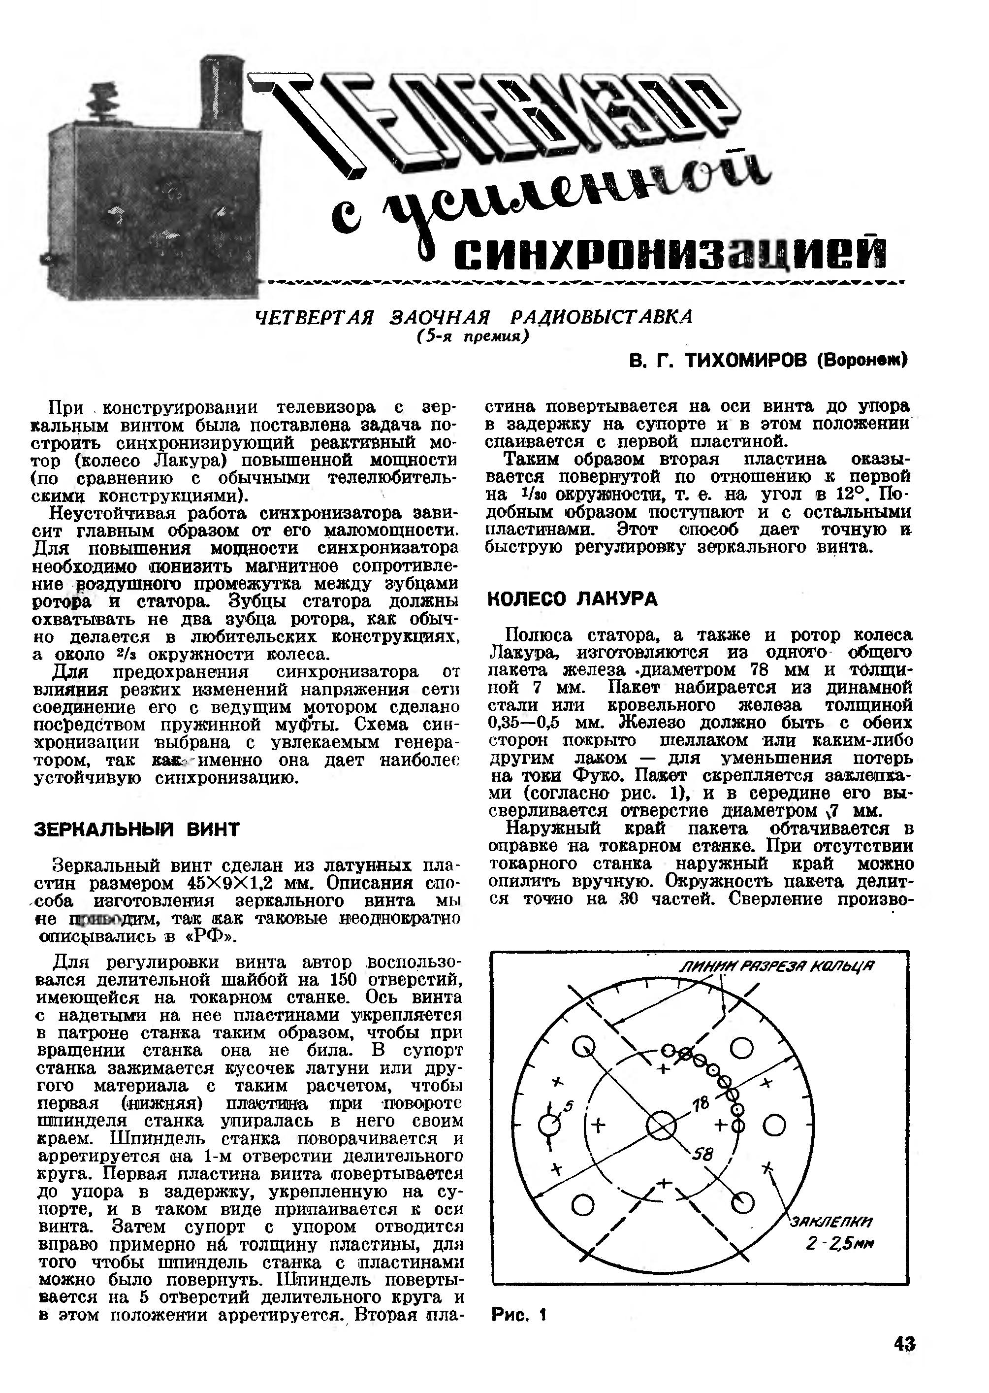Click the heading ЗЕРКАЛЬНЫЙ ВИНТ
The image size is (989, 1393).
click(x=136, y=829)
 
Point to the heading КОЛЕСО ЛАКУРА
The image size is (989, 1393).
click(x=573, y=599)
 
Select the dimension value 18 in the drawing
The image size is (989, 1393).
click(x=702, y=1103)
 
